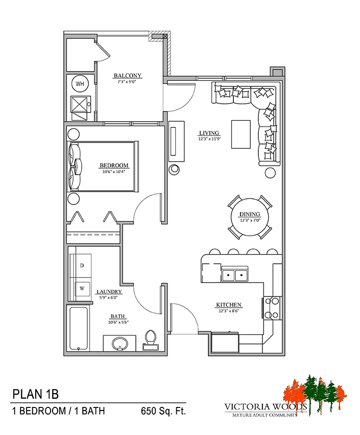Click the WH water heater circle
pyautogui.click(x=80, y=83)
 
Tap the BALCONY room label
pyautogui.click(x=128, y=76)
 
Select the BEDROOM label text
pyautogui.click(x=114, y=166)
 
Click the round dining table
pyautogui.click(x=250, y=217)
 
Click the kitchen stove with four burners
pyautogui.click(x=272, y=308)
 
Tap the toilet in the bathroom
pyautogui.click(x=151, y=340)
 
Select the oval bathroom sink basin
pyautogui.click(x=119, y=344)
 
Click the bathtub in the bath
pyautogui.click(x=79, y=329)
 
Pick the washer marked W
pyautogui.click(x=82, y=288)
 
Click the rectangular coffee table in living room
pyautogui.click(x=241, y=134)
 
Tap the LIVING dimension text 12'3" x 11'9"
pyautogui.click(x=209, y=139)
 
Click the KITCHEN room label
pyautogui.click(x=229, y=305)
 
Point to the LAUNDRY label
pyautogui.click(x=109, y=292)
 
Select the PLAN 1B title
pyautogui.click(x=35, y=394)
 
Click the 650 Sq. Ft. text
pyautogui.click(x=163, y=411)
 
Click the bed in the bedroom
pyautogui.click(x=103, y=167)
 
